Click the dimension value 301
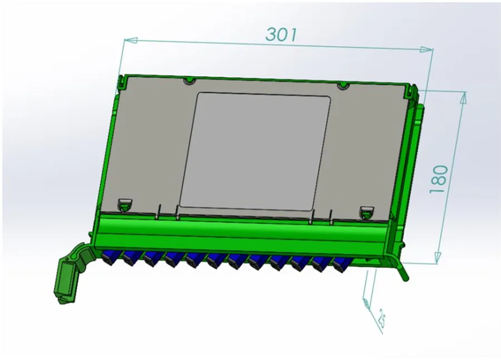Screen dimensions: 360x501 point(281,34)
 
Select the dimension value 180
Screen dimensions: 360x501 point(439,179)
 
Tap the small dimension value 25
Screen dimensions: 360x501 point(381,319)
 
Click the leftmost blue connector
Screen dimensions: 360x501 point(109,255)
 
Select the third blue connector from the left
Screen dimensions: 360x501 point(151,257)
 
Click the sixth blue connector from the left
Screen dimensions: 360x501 point(214,259)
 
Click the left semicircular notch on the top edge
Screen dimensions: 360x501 point(190,81)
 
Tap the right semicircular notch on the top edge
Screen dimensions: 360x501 point(343,86)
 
